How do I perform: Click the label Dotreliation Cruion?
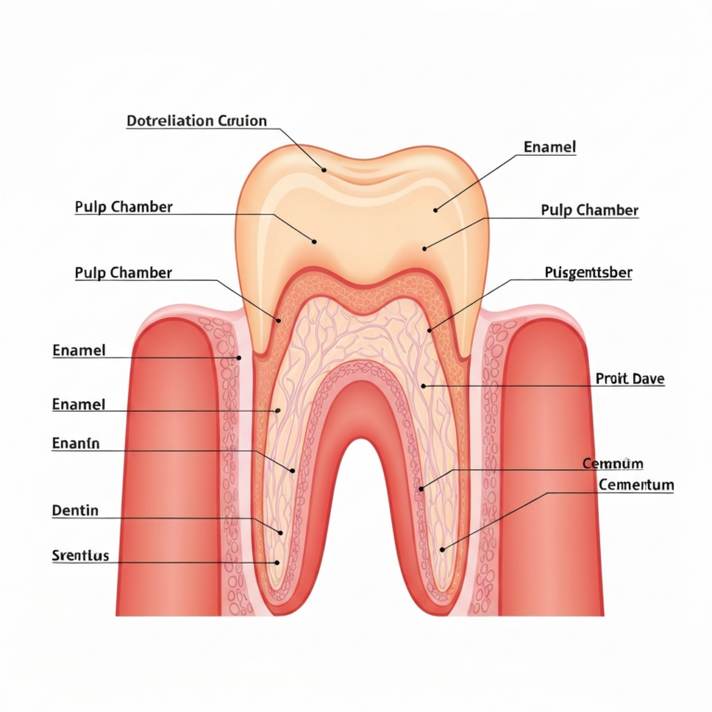point(197,121)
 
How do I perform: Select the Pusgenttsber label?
point(588,273)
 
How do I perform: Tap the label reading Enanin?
point(76,443)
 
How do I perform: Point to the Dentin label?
point(75,511)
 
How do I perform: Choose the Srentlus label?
point(81,555)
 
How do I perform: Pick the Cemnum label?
point(613,464)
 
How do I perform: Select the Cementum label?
point(636,485)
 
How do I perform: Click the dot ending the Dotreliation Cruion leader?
point(324,171)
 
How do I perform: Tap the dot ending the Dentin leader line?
point(281,533)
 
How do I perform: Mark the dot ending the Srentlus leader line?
point(277,563)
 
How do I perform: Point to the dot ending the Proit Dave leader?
point(423,386)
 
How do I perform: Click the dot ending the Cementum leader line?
point(442,550)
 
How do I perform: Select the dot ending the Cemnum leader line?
point(421,489)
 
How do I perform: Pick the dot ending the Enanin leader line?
point(293,471)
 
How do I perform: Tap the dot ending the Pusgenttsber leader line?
point(429,330)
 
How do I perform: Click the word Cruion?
point(243,121)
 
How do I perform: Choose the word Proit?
point(611,378)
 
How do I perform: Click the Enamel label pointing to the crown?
point(550,147)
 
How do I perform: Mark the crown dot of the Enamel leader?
point(435,210)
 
